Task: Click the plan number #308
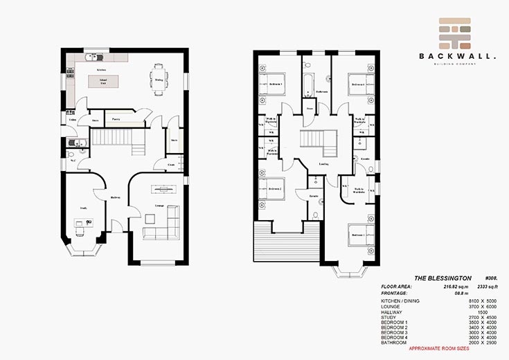click(x=492, y=278)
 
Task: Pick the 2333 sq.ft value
click(x=486, y=286)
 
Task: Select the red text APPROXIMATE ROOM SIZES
click(x=440, y=348)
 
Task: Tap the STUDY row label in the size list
click(x=389, y=317)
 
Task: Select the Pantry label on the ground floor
click(x=116, y=118)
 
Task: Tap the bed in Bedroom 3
click(x=269, y=83)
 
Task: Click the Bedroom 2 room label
click(x=275, y=189)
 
